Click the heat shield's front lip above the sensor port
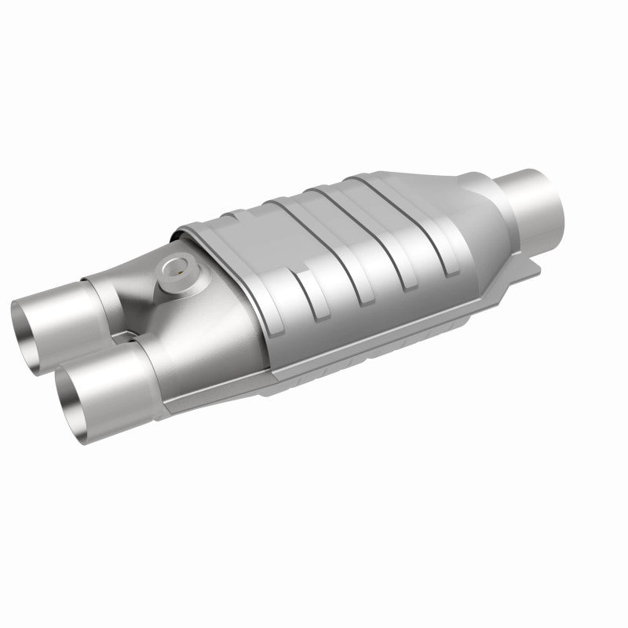click(x=188, y=232)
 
